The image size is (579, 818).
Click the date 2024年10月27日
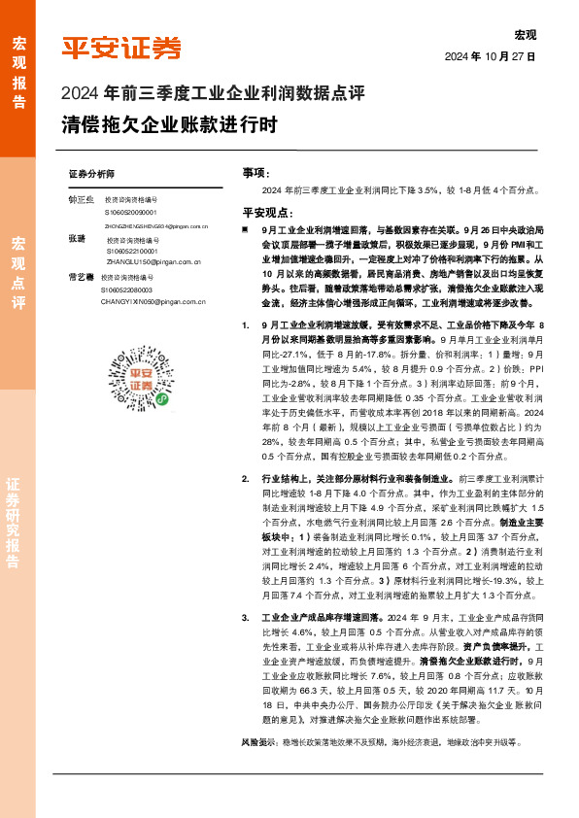click(491, 56)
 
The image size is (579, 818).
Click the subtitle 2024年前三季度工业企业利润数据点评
click(213, 94)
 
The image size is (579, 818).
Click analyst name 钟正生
click(81, 199)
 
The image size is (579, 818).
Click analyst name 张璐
click(77, 238)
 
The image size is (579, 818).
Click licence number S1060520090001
click(136, 211)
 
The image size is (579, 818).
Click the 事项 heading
click(255, 172)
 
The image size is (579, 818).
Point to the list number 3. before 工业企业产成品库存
click(245, 616)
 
